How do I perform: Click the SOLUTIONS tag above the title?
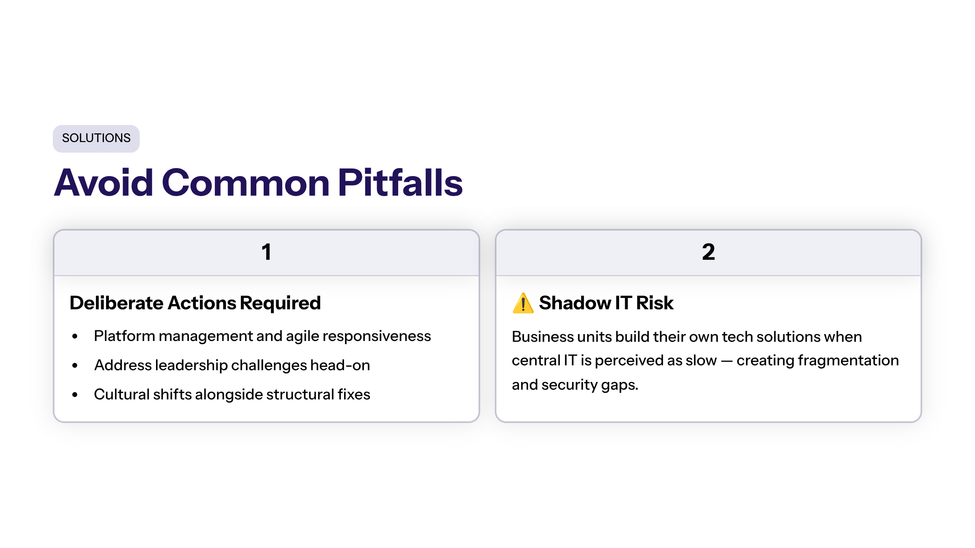click(96, 138)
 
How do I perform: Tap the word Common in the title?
click(246, 183)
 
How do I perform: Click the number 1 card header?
click(266, 252)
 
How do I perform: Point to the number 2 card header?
click(708, 252)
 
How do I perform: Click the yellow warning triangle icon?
click(523, 303)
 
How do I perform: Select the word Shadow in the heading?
click(575, 303)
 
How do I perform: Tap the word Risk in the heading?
click(655, 303)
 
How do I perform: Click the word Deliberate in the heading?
click(117, 303)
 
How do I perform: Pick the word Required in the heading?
click(280, 303)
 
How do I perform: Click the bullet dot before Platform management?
click(75, 336)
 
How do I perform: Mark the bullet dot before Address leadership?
click(75, 365)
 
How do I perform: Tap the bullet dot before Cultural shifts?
click(75, 395)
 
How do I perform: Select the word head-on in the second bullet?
click(340, 365)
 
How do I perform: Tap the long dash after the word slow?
click(726, 361)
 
